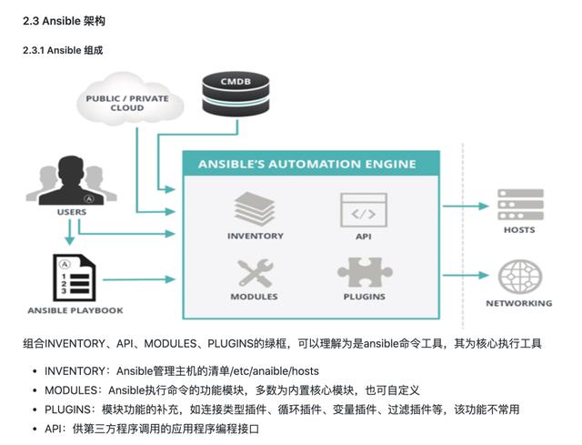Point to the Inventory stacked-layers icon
tap(255, 208)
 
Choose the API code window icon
tap(362, 208)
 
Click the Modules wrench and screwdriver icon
tap(255, 271)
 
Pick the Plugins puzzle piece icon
tap(364, 271)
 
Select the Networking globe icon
tap(519, 276)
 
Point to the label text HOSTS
tap(519, 230)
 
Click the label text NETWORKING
tap(519, 303)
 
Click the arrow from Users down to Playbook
tap(69, 235)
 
